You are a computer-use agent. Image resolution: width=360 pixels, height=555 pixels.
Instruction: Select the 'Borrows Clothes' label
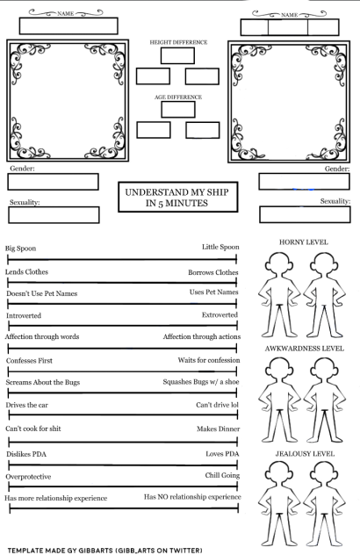(x=213, y=272)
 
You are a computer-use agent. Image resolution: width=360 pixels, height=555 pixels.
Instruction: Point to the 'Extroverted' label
(x=220, y=314)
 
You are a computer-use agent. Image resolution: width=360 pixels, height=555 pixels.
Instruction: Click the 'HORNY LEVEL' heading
(x=303, y=241)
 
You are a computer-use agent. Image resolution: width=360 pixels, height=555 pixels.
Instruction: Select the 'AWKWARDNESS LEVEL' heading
(x=304, y=349)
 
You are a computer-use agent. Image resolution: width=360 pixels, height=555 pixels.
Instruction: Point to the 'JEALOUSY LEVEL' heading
(x=304, y=453)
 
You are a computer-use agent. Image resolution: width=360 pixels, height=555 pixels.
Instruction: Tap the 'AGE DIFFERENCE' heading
(x=177, y=97)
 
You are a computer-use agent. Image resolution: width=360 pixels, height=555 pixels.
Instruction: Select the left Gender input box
(x=53, y=182)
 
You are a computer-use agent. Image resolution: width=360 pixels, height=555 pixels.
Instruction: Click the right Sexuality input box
(x=305, y=215)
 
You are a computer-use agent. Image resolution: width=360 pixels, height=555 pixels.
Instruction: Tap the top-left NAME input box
(x=68, y=25)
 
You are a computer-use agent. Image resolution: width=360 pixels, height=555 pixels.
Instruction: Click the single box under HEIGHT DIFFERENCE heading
(x=177, y=55)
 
